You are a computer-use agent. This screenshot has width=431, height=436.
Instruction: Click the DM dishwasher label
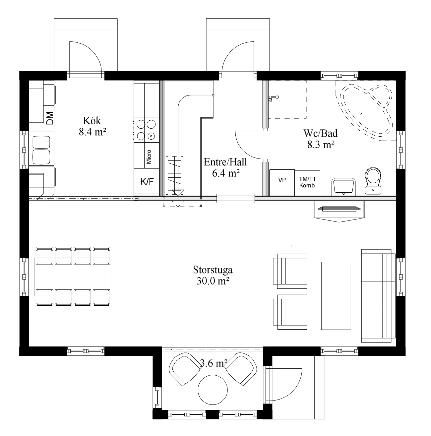(50, 118)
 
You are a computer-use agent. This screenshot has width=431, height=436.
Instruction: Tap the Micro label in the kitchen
(149, 156)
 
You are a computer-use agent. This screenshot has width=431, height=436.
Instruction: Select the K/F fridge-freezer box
(147, 181)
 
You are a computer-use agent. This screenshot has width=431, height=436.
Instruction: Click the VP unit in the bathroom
(282, 182)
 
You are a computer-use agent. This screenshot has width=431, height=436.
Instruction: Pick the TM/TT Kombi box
(307, 183)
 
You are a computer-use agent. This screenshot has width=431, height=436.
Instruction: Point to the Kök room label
(92, 121)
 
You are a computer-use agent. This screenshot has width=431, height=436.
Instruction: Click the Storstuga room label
(213, 270)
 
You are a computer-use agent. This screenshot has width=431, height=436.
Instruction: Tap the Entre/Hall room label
(225, 162)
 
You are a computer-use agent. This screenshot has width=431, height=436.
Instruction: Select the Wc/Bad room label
(320, 133)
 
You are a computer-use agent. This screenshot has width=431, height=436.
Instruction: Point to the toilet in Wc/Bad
(373, 181)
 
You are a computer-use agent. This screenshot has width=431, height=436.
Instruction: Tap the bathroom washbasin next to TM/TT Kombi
(343, 187)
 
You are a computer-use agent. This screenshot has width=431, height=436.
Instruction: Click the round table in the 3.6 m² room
(213, 390)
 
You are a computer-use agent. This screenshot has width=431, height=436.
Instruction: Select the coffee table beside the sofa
(336, 296)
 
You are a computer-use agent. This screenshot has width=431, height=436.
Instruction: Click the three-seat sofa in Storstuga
(378, 296)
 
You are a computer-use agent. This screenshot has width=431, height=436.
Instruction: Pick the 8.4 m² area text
(92, 131)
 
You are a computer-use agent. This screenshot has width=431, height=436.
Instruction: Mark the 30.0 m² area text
(213, 281)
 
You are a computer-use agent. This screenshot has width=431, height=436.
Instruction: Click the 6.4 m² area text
(226, 173)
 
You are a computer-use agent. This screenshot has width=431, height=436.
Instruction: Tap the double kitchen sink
(41, 150)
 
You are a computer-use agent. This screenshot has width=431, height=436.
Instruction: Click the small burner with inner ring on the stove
(151, 136)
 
